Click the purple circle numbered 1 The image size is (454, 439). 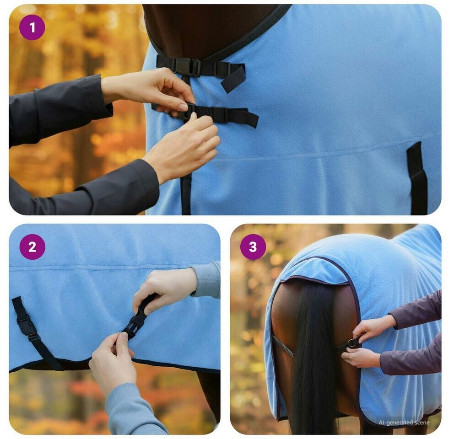tap(32, 27)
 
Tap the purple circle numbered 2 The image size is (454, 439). tap(32, 247)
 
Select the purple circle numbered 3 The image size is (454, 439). tap(253, 247)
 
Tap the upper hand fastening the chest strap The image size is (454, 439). tap(151, 90)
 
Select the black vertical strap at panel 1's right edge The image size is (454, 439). tap(417, 178)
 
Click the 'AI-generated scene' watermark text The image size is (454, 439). tap(404, 423)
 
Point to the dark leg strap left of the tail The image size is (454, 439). tap(283, 346)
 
